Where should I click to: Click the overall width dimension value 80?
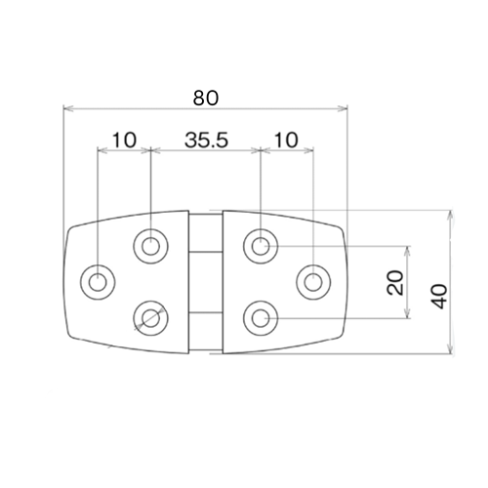(x=205, y=98)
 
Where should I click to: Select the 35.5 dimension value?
(x=206, y=140)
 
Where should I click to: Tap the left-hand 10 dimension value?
(x=124, y=140)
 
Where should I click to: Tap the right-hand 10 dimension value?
(x=285, y=140)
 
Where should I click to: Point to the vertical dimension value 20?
(x=395, y=283)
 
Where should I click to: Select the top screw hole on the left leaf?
(x=151, y=244)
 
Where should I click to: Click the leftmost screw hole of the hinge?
(x=99, y=283)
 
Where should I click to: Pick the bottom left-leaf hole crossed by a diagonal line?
(x=149, y=317)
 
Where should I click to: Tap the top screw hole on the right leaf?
(x=260, y=244)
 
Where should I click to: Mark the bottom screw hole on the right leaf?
(x=260, y=317)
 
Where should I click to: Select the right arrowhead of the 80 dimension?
(x=343, y=108)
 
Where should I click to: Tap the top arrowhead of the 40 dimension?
(x=449, y=214)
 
